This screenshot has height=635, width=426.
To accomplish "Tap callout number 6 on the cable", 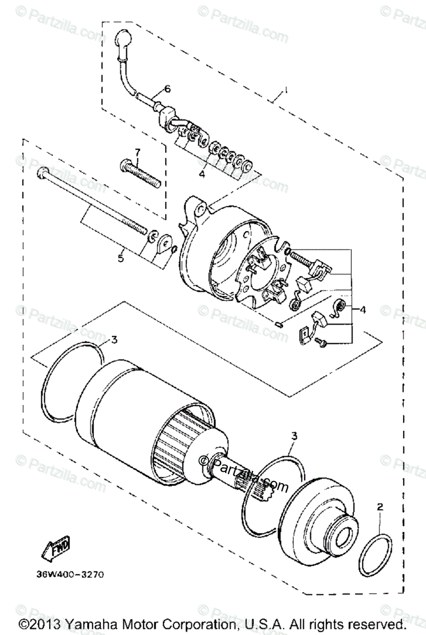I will point(167,89).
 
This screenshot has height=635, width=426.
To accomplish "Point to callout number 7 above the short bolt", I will point(137,153).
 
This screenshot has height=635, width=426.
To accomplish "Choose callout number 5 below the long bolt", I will point(120,258).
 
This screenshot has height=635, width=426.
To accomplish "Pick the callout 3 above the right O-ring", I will point(295,437).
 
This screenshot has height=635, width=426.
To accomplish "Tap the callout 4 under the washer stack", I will point(202,174).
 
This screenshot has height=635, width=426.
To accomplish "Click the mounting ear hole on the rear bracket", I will point(198,211).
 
